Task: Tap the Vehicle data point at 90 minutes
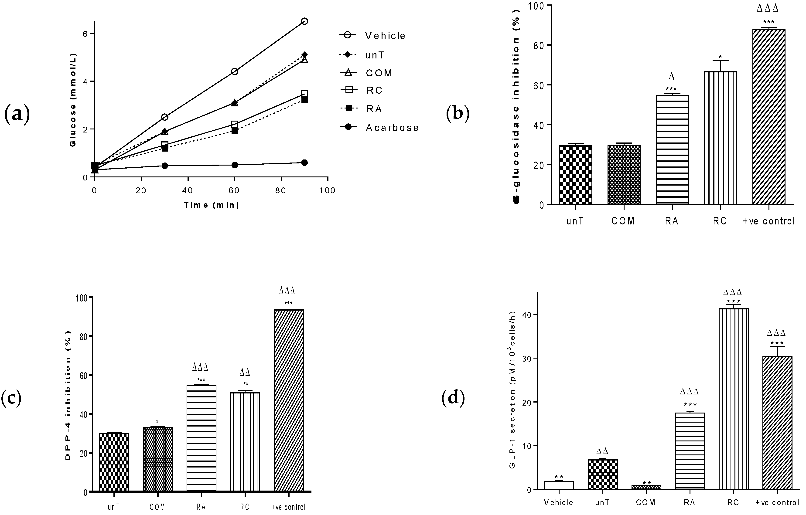pos(304,21)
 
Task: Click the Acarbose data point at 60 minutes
pos(234,165)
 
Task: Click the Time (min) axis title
pos(212,205)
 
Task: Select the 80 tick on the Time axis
pos(280,191)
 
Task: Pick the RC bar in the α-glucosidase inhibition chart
pos(720,137)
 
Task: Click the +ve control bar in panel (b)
pos(768,117)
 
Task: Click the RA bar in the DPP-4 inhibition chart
pos(201,438)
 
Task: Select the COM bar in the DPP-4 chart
pos(158,459)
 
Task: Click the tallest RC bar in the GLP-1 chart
pos(733,398)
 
